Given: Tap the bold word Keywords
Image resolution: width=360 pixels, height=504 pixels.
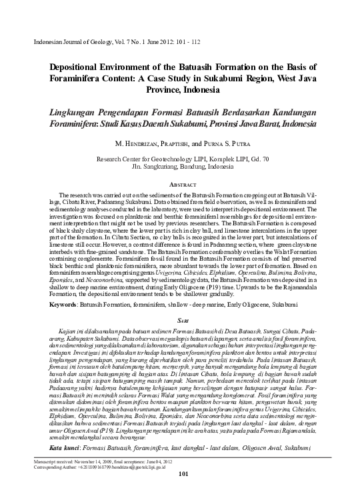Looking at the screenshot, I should pos(49,304).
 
